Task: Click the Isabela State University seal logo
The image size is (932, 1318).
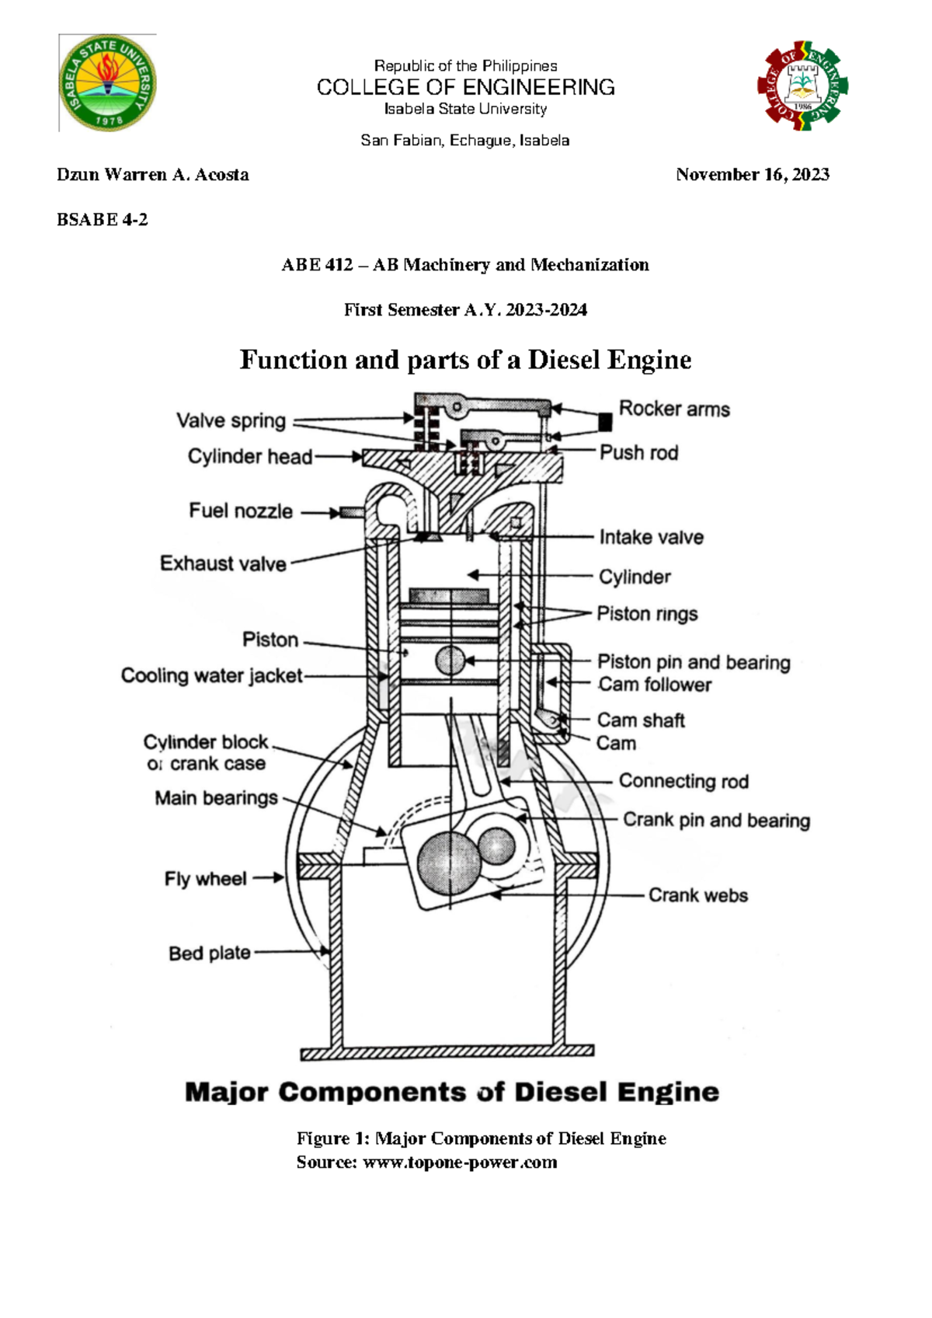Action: pos(109,82)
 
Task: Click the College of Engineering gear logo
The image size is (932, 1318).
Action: pos(802,85)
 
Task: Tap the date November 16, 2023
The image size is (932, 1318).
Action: pos(752,175)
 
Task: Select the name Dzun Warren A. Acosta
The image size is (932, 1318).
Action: pos(153,175)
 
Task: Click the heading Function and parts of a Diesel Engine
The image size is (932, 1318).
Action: pos(465,360)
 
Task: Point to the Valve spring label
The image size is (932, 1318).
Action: pos(231,420)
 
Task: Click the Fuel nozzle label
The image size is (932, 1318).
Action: pos(241,511)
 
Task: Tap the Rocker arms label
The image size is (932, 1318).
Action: pos(674,409)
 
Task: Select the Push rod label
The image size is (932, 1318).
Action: pos(638,452)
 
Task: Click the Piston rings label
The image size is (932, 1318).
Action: pos(647,614)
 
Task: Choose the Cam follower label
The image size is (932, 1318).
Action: pos(655,685)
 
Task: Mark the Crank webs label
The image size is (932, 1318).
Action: pos(697,895)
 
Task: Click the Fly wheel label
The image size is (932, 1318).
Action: pos(205,879)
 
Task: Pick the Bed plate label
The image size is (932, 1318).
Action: pos(210,953)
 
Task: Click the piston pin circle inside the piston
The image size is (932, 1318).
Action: pos(450,661)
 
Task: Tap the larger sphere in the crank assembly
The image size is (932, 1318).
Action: pos(449,861)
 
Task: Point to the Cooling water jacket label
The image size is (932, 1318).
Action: pos(211,675)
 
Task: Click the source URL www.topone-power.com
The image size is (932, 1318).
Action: pos(460,1163)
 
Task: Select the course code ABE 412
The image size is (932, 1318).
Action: pos(317,265)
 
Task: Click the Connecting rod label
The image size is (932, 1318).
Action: pos(683,781)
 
